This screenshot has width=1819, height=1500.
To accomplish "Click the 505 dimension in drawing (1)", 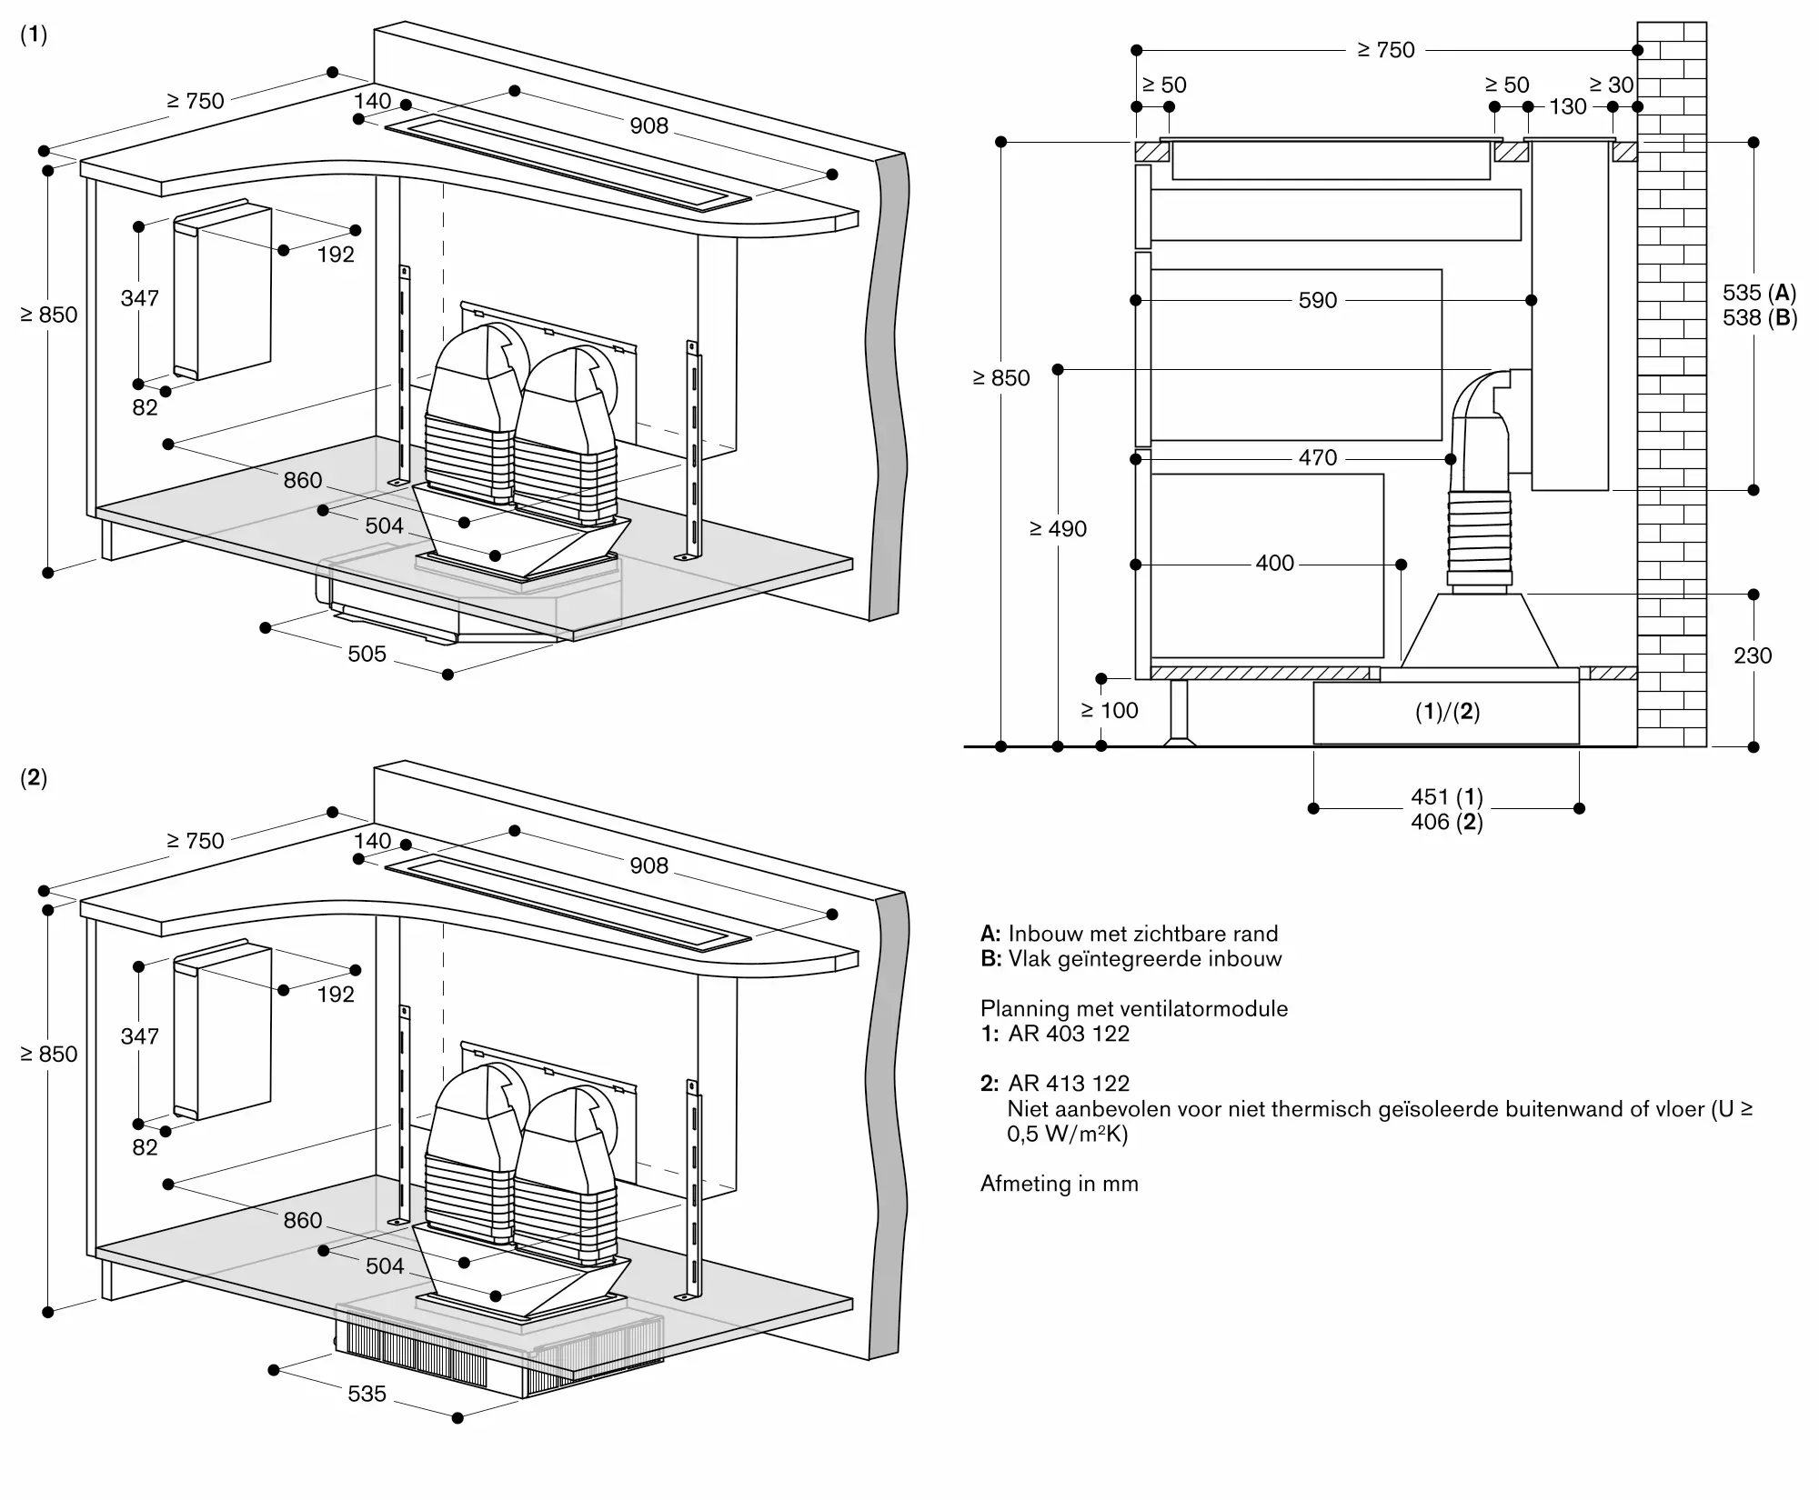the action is point(367,654).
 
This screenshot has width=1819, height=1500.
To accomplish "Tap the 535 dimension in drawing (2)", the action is point(367,1394).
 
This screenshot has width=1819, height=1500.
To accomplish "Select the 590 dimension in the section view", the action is point(1318,300).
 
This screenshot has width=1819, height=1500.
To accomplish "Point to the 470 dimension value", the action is point(1318,458).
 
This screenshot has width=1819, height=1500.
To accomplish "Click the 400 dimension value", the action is point(1275,564).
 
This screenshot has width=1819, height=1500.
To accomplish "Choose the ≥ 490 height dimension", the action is point(1058,529).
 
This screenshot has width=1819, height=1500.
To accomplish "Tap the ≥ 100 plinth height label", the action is point(1110,711).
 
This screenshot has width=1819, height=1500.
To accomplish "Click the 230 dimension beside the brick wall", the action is point(1753,655).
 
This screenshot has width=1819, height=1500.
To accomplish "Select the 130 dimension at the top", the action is point(1568,106).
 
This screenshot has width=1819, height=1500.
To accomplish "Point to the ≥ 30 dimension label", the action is point(1612,85).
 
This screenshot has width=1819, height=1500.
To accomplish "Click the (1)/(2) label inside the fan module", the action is point(1447,712).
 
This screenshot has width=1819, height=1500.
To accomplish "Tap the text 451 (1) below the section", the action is point(1447,797).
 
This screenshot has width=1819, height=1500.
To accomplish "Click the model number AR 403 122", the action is point(1069,1034).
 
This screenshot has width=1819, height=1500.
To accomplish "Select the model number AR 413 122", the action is point(1069,1084).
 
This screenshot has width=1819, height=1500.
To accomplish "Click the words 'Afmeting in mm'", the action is point(1060,1184).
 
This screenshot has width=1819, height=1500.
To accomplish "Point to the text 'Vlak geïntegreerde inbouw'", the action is point(1145,959).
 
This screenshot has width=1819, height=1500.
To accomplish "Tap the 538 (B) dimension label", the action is point(1760,318).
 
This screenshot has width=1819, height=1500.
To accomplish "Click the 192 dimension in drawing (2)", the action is point(336,995).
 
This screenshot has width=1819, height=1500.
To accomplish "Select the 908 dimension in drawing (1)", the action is point(649,125).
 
